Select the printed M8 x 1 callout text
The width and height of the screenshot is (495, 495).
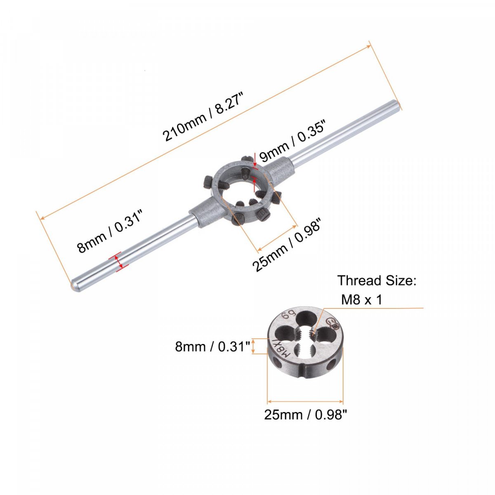tap(361, 300)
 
